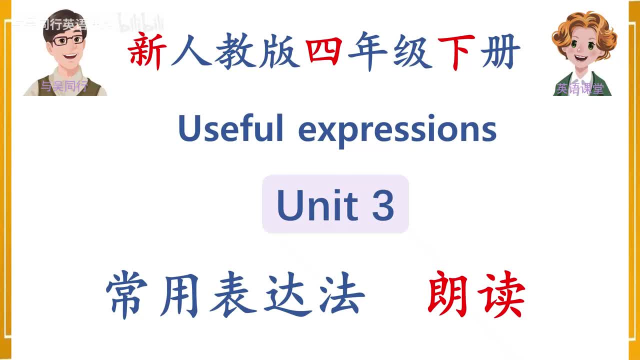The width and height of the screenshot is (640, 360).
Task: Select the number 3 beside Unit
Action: click(383, 205)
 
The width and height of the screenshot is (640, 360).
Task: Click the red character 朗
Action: click(447, 295)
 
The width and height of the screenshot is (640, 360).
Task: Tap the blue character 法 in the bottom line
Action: click(340, 295)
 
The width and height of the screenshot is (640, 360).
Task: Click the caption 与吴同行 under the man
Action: click(63, 86)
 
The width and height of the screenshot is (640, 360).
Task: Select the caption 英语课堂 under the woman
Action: click(580, 89)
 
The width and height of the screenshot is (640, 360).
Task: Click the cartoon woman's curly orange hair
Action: click(585, 22)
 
